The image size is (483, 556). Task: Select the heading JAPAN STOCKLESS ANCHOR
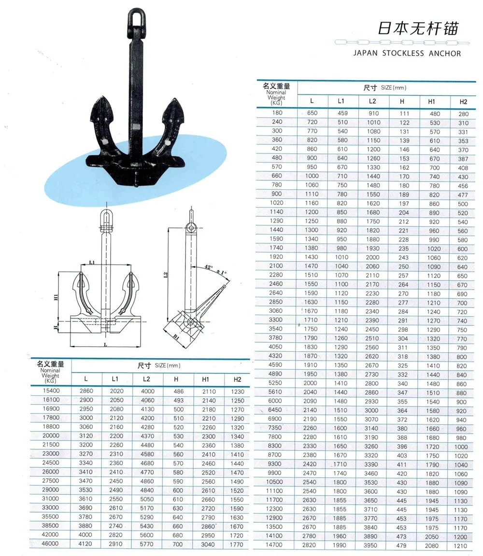pyautogui.click(x=408, y=53)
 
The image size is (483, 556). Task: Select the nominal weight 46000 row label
pyautogui.click(x=50, y=543)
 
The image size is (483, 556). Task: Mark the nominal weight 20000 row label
pyautogui.click(x=50, y=435)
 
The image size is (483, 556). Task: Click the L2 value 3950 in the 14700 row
pyautogui.click(x=371, y=545)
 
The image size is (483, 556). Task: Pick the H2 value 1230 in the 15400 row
pyautogui.click(x=237, y=392)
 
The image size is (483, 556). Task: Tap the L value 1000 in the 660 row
pyautogui.click(x=312, y=177)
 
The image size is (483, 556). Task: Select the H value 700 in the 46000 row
pyautogui.click(x=178, y=543)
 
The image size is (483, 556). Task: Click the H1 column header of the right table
pyautogui.click(x=432, y=101)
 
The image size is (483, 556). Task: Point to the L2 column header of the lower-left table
pyautogui.click(x=147, y=380)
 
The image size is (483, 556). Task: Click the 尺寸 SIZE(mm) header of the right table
pyautogui.click(x=385, y=88)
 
